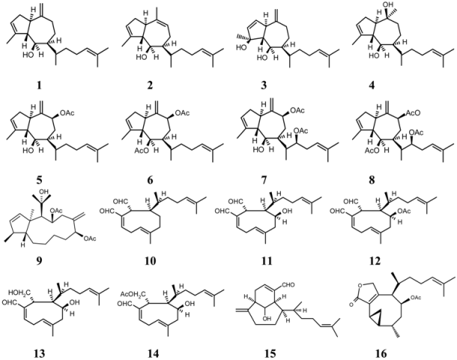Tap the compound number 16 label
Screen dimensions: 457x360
pos(381,353)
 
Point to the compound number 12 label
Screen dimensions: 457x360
pos(375,260)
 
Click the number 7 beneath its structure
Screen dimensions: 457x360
pos(264,180)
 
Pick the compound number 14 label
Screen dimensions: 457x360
pos(154,353)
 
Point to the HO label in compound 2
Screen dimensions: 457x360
pos(141,58)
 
